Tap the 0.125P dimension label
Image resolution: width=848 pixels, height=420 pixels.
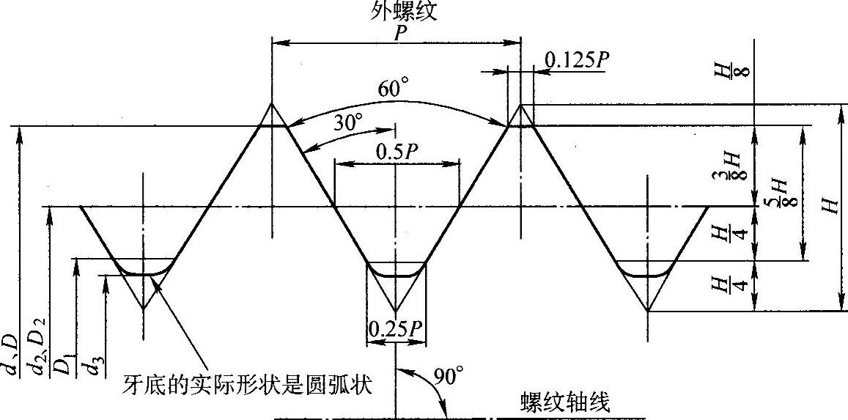(x=575, y=60)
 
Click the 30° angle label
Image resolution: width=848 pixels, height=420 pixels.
(x=347, y=122)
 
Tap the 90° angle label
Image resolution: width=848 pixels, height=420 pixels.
(x=449, y=377)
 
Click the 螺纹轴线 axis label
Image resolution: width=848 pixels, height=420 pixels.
(x=565, y=402)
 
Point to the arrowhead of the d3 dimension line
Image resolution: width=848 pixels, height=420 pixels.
(x=106, y=280)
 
